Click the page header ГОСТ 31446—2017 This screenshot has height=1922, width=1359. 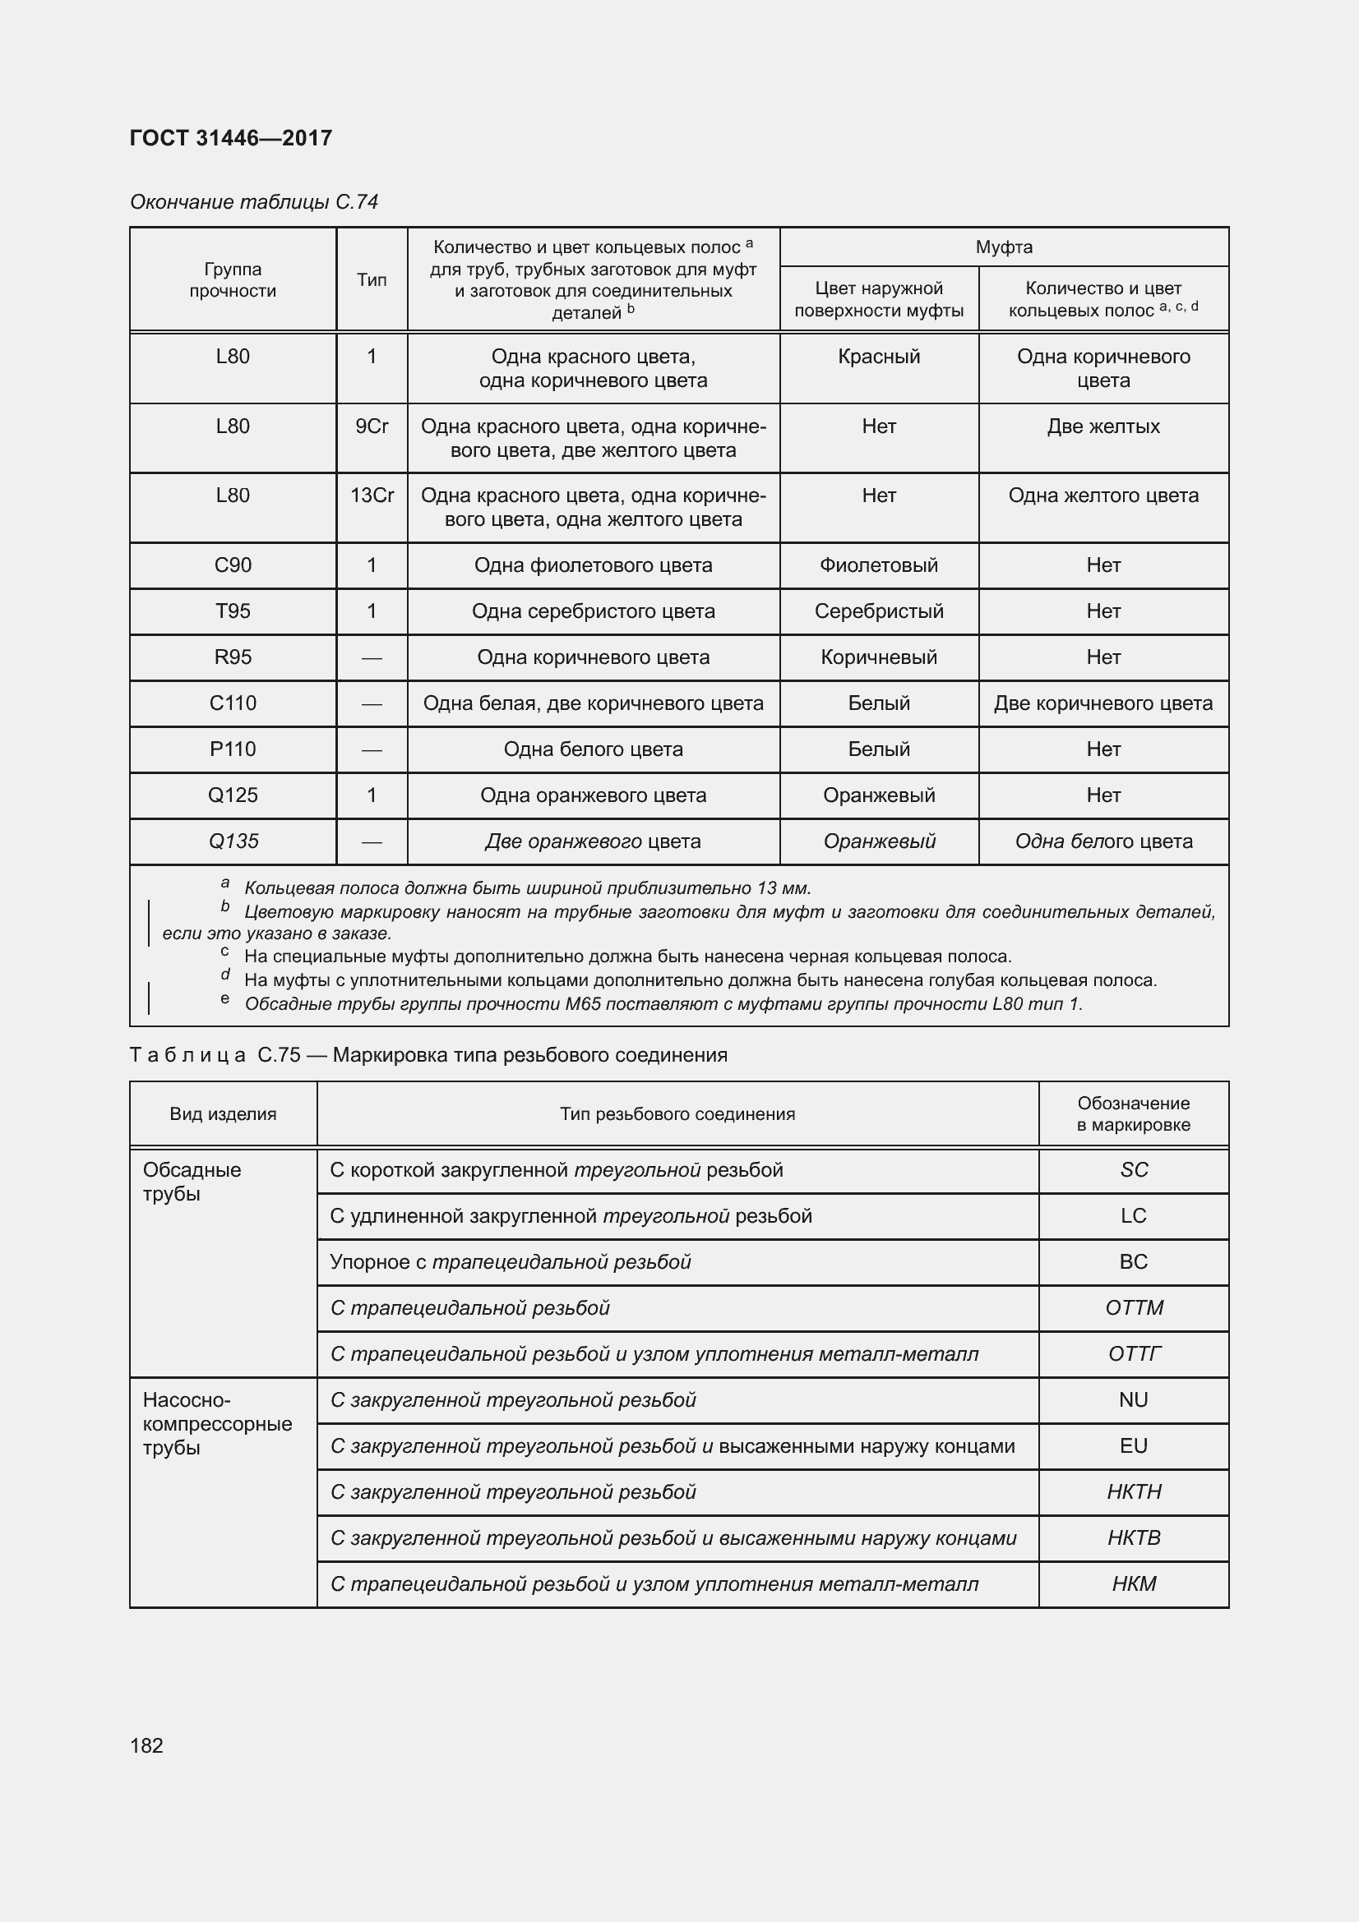(231, 138)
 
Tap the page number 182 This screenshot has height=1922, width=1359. (146, 1745)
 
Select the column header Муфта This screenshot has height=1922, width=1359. (1003, 247)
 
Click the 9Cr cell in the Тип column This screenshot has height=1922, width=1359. (372, 427)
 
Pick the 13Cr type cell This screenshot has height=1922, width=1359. (372, 495)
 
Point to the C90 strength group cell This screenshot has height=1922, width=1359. (233, 565)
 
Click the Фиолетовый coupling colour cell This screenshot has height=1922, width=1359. (878, 565)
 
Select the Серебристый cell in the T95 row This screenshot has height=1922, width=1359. (878, 611)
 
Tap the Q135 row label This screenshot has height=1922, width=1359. (233, 841)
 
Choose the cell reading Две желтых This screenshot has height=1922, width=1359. (1102, 427)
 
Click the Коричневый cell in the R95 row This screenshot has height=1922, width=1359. (878, 657)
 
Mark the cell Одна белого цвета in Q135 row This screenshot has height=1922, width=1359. (1102, 841)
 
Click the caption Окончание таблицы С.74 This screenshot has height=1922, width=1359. (254, 202)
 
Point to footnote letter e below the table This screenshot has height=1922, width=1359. (224, 998)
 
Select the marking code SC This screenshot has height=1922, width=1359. (1133, 1169)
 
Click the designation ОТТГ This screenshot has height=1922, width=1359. (1133, 1353)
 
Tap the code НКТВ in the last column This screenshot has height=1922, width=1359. (1133, 1537)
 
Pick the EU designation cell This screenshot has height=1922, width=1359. (1133, 1445)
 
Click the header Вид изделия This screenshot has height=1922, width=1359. (223, 1113)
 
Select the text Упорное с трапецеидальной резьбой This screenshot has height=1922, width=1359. (510, 1261)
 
